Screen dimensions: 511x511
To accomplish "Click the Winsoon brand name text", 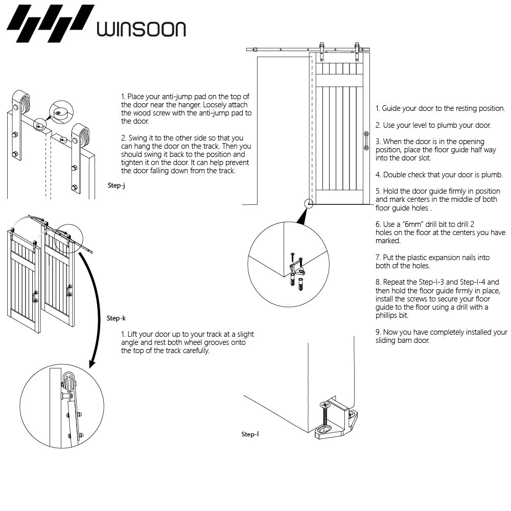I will pyautogui.click(x=141, y=29).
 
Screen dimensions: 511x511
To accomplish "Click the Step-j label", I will pyautogui.click(x=117, y=185).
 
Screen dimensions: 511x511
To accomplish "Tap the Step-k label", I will pyautogui.click(x=116, y=318).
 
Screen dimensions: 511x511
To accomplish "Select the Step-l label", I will pyautogui.click(x=250, y=434).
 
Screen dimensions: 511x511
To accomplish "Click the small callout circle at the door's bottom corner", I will pyautogui.click(x=309, y=204).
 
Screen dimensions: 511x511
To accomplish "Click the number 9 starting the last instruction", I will pyautogui.click(x=378, y=332).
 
